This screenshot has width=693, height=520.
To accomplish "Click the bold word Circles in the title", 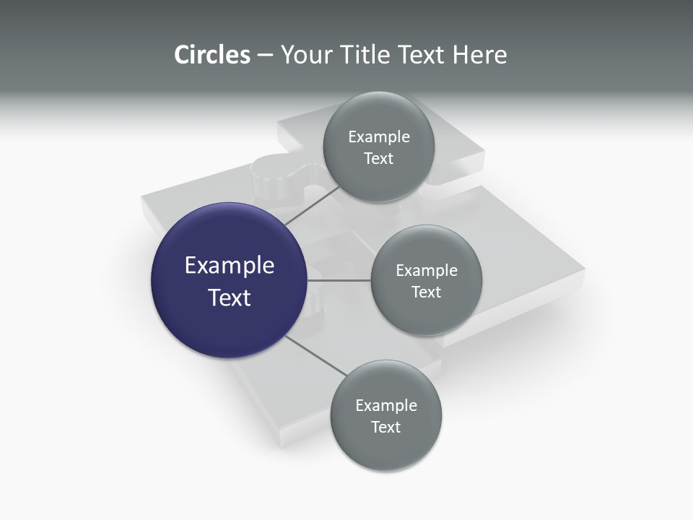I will pos(212,55).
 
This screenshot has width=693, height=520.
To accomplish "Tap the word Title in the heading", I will pos(365,55).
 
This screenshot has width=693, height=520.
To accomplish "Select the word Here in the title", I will pos(479,55).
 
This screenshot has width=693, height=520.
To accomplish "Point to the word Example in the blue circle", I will pos(229,266).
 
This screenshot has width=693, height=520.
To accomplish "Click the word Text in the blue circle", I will pos(229,298).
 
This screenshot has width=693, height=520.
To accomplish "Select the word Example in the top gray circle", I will pos(378,137).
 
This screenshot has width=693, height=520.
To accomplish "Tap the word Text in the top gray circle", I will pos(378,159).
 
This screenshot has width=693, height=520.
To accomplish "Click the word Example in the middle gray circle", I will pos(426,271).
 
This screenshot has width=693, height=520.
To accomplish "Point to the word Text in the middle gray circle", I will pos(426,292).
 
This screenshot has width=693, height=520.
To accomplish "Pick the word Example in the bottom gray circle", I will pos(385,406).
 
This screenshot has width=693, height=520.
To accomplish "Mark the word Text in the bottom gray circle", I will pos(385,428).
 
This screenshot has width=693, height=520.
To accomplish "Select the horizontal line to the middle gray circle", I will pos(339,280).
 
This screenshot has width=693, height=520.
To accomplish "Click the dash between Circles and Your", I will pos(265,55).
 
